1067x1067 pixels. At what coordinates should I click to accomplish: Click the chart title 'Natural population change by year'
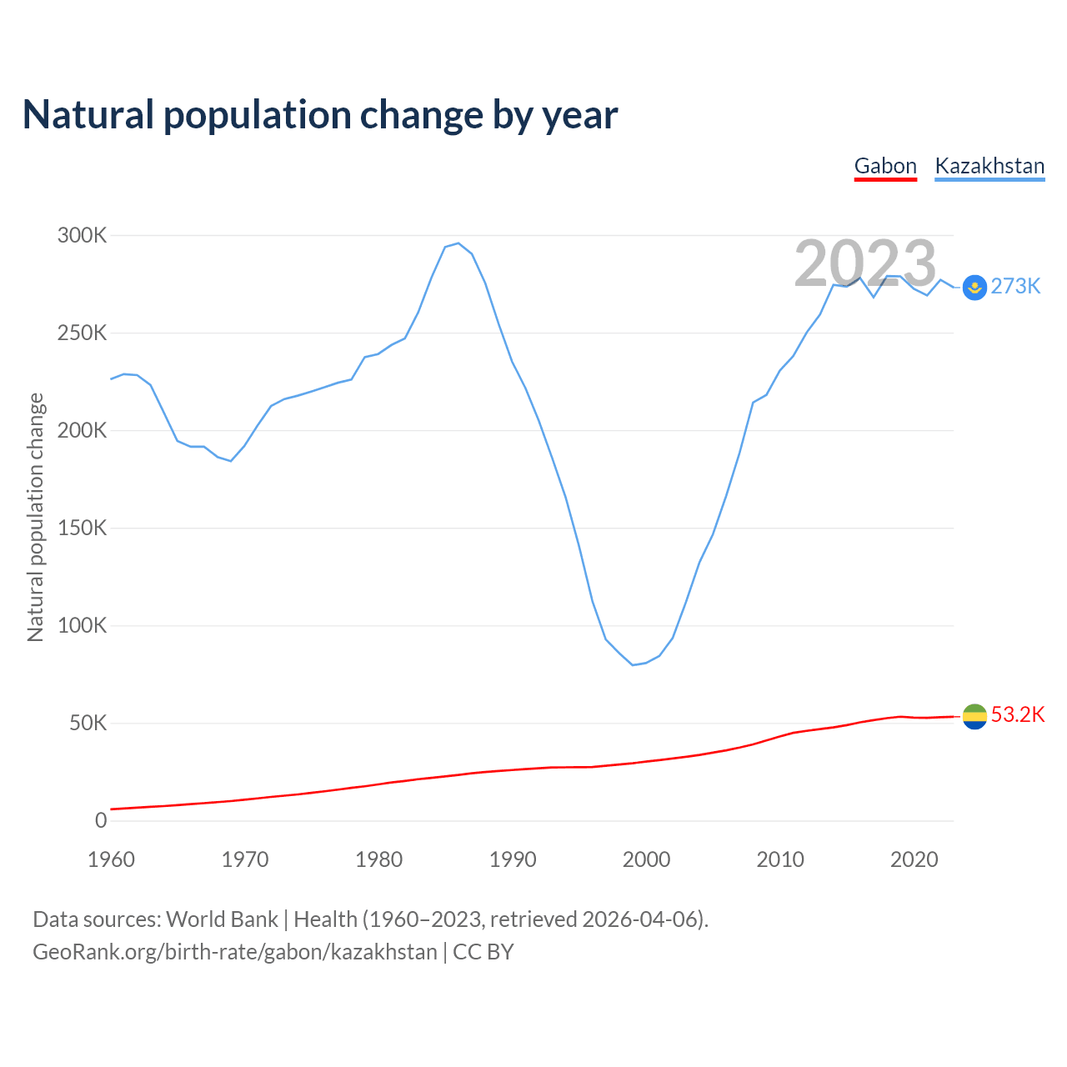320,115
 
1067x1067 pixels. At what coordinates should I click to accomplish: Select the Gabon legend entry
885,166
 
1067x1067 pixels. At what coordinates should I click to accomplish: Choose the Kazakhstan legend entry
989,166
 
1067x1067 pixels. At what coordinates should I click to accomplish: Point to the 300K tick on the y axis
83,236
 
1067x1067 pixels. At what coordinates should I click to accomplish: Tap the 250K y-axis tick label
83,333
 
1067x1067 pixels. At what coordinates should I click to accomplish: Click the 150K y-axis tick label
83,528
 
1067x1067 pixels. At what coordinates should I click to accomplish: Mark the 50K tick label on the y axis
88,724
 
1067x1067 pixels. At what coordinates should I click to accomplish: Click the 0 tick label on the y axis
101,821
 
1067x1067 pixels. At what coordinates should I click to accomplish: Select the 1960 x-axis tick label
111,859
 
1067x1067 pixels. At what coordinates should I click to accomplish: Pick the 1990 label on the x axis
513,859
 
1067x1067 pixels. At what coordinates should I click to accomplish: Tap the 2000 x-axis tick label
646,859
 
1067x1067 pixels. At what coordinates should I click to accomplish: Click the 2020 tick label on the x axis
914,859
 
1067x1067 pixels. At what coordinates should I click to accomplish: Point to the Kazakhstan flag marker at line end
974,288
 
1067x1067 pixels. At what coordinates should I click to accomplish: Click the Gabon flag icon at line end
974,716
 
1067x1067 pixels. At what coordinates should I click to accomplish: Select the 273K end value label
1015,287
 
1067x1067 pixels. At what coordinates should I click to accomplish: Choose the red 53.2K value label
1018,715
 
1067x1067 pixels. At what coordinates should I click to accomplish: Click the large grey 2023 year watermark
865,264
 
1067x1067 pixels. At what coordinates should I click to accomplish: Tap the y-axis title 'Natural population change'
36,517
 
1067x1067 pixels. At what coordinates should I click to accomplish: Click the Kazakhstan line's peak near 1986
458,243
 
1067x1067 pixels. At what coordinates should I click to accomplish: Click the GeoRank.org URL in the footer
234,952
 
